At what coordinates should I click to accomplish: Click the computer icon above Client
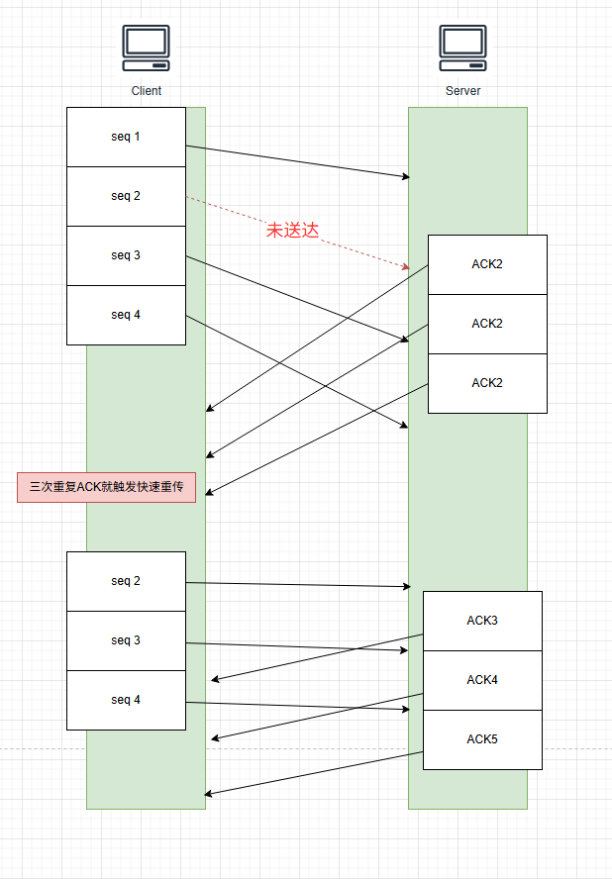(146, 47)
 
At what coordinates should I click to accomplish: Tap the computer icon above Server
(462, 47)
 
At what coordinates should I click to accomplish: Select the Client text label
(146, 91)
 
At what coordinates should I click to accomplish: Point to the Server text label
(462, 91)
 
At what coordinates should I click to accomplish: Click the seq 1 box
(126, 137)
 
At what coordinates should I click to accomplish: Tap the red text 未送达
(292, 231)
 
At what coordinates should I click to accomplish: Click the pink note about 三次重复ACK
(106, 487)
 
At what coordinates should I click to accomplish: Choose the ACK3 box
(482, 621)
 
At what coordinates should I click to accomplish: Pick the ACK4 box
(482, 680)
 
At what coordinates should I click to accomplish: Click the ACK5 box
(482, 739)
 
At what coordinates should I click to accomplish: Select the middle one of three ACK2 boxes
(487, 324)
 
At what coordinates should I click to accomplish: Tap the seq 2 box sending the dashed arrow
(126, 196)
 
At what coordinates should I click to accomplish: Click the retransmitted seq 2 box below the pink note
(126, 581)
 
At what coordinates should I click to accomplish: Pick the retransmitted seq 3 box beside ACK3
(126, 640)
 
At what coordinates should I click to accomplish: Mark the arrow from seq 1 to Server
(297, 161)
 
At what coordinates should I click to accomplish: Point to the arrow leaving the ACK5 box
(313, 773)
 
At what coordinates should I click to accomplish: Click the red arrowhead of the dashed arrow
(405, 267)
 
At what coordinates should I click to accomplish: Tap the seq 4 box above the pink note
(126, 315)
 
